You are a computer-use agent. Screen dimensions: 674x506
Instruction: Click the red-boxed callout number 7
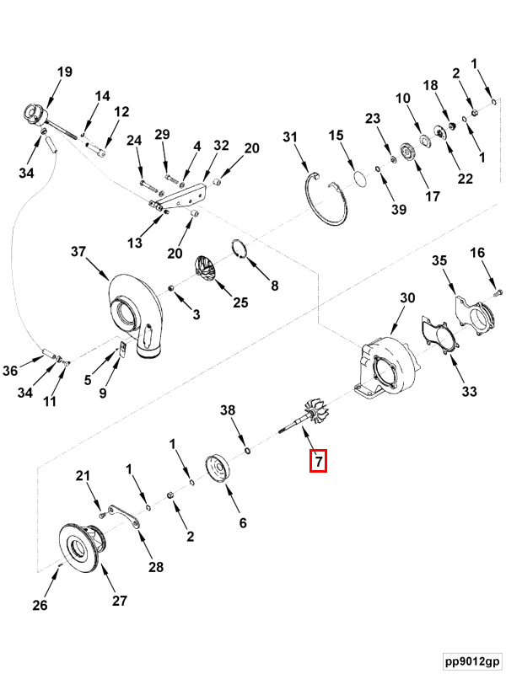coord(317,461)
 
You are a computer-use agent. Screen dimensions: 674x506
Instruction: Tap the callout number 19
coord(65,72)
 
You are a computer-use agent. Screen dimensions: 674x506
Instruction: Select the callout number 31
coord(290,136)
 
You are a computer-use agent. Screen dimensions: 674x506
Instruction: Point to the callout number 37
coord(78,252)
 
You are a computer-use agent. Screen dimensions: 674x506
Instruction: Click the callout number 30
coord(407,298)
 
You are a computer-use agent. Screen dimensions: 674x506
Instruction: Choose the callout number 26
coord(40,605)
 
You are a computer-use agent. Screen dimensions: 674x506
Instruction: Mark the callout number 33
coord(469,391)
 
